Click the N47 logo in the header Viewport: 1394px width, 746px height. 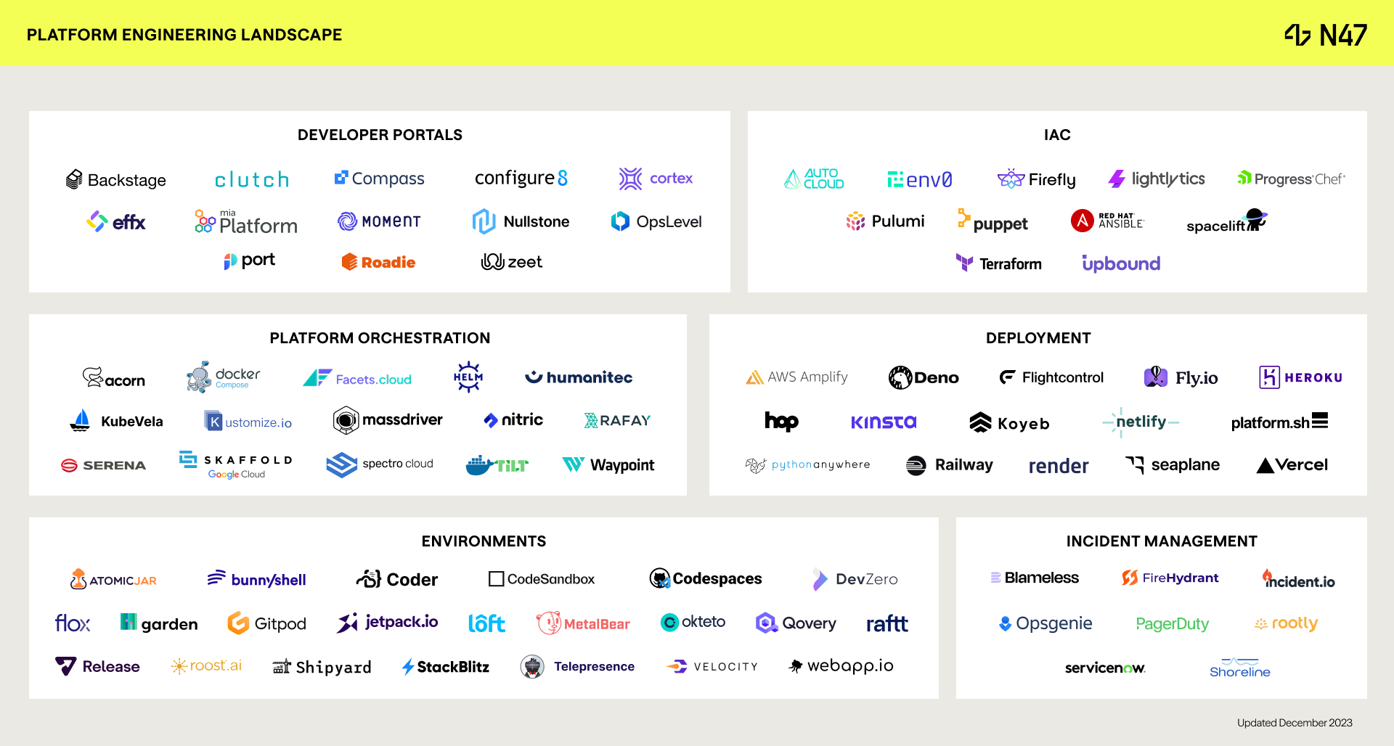(x=1326, y=35)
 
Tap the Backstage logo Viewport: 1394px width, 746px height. (x=116, y=180)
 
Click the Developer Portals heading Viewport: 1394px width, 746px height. (x=380, y=135)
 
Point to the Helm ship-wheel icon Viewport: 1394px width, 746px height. (x=468, y=377)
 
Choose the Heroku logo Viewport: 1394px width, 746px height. (x=1300, y=377)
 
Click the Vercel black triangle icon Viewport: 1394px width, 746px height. (x=1265, y=466)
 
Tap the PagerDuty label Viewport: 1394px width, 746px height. (x=1172, y=623)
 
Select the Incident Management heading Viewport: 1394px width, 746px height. (x=1161, y=541)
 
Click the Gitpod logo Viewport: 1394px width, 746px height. (x=266, y=623)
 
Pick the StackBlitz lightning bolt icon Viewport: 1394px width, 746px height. (x=408, y=667)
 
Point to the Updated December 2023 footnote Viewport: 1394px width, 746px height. (x=1295, y=723)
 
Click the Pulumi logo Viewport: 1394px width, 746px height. (x=885, y=221)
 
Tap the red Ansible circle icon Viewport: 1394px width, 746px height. (x=1082, y=221)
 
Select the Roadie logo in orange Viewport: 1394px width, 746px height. (x=378, y=262)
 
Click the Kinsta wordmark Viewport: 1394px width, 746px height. (x=884, y=422)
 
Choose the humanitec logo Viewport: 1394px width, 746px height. (x=579, y=377)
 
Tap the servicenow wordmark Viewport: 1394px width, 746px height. (x=1104, y=668)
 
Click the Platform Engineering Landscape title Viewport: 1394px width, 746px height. (x=184, y=35)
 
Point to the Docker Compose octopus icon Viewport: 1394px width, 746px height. (x=198, y=377)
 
